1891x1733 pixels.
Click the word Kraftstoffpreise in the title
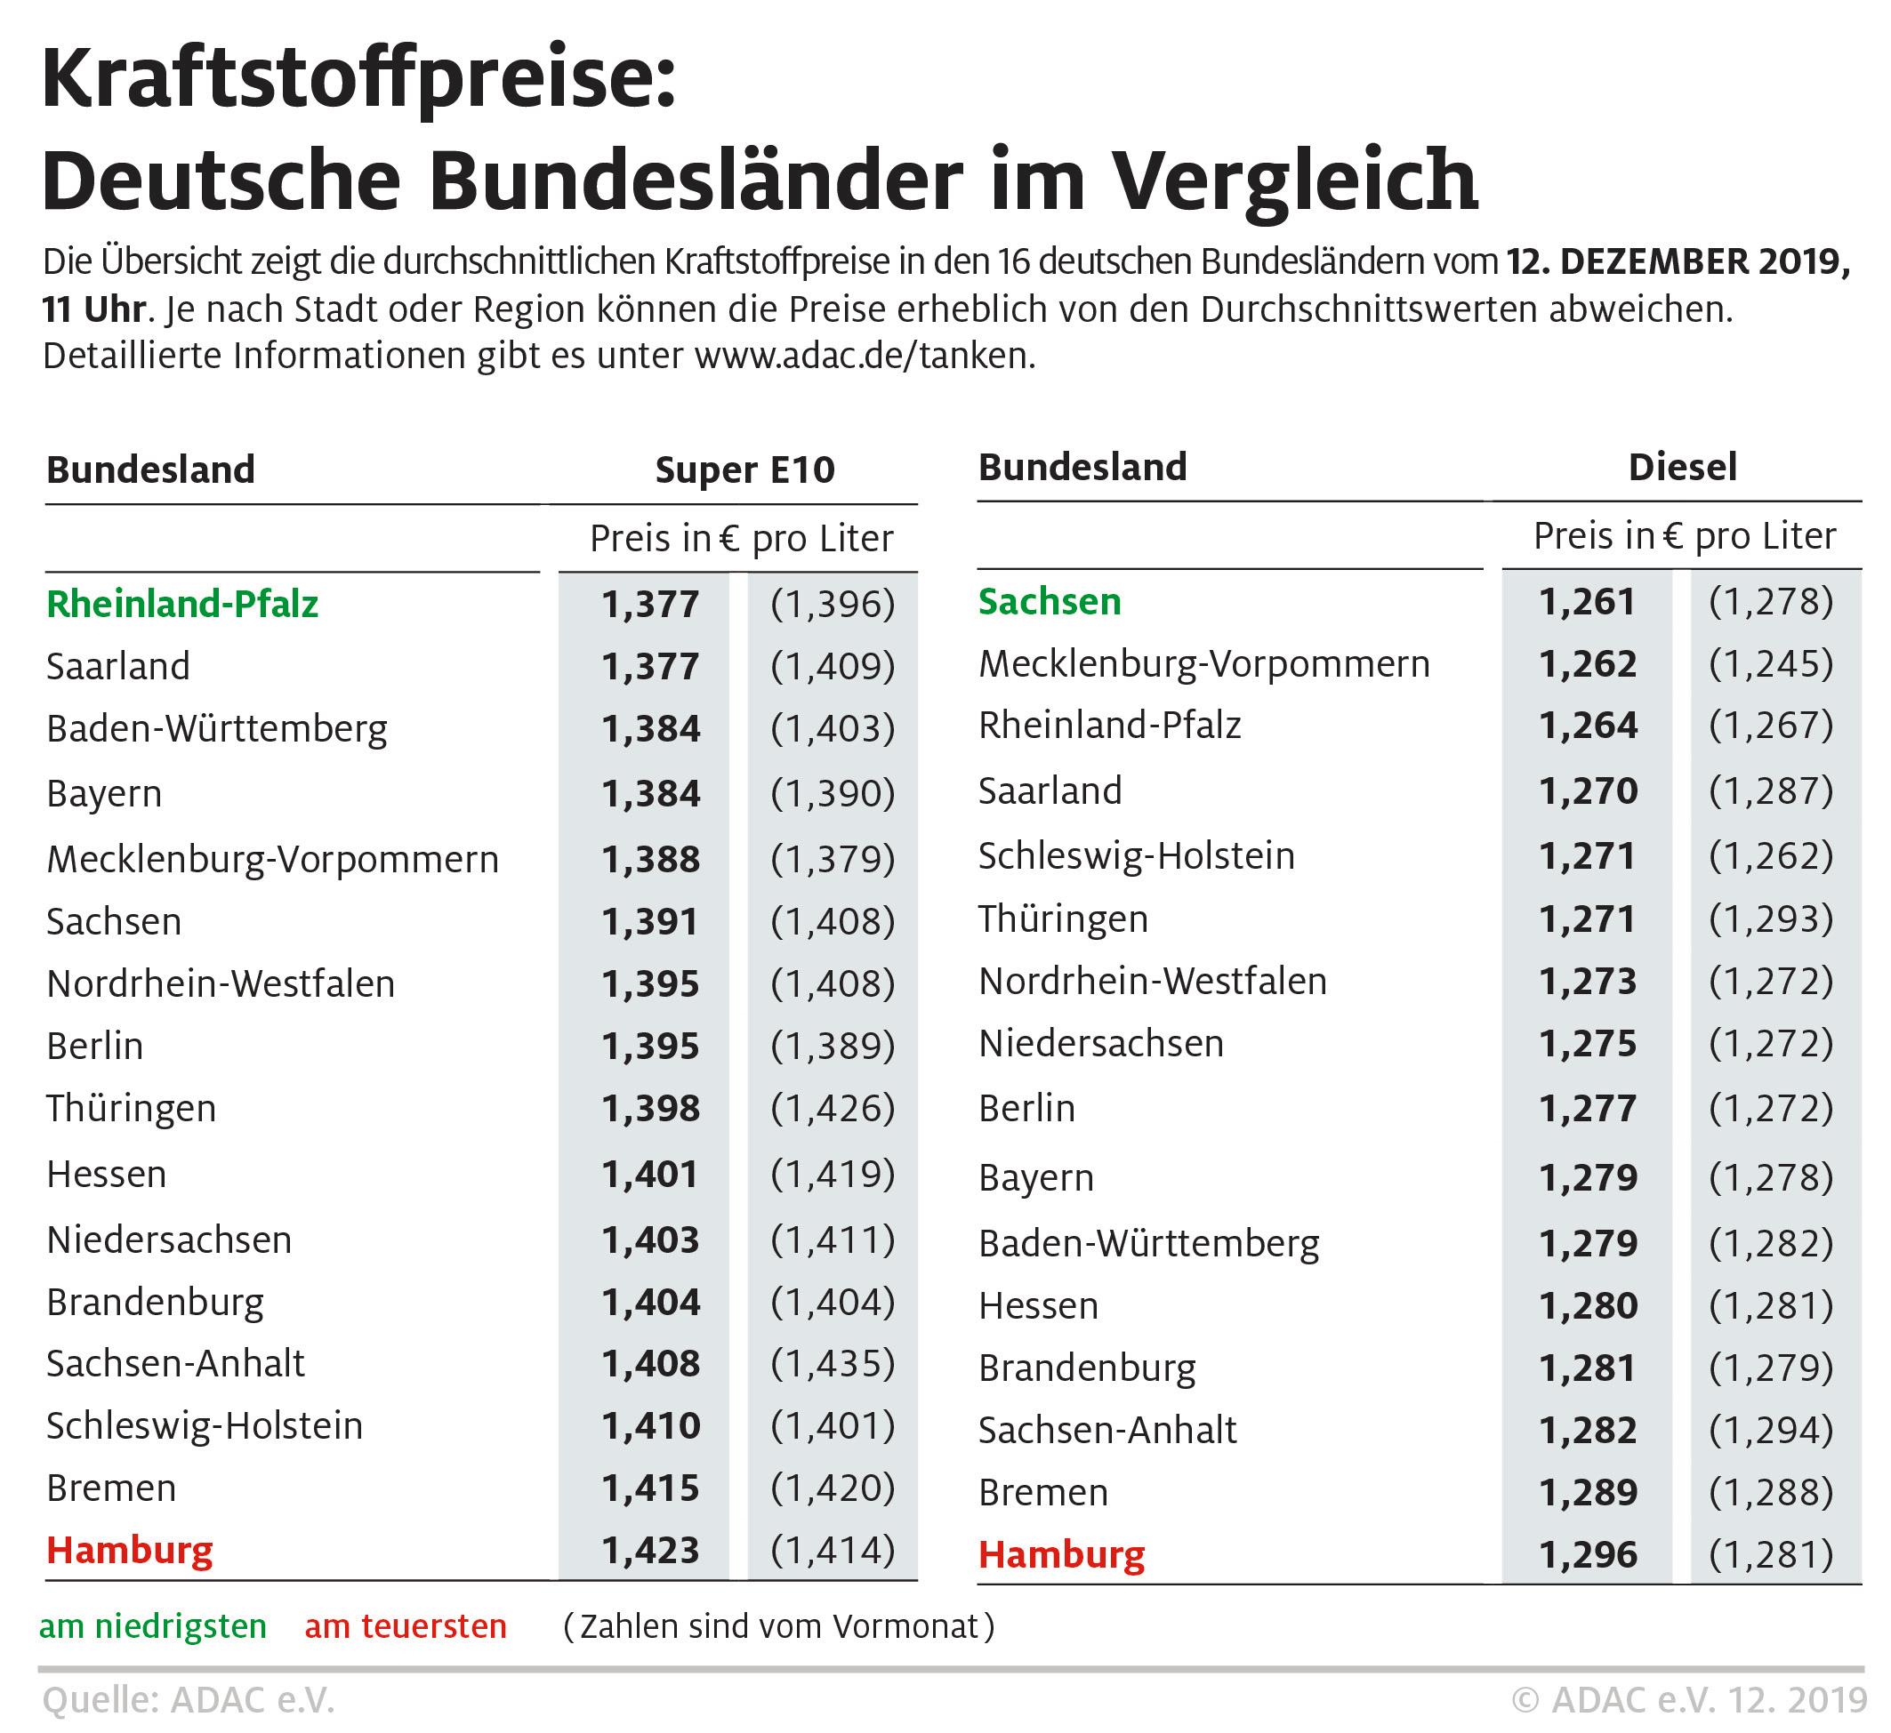point(358,81)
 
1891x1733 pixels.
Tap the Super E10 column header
point(744,469)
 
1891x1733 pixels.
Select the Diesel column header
point(1683,467)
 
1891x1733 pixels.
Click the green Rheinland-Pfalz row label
point(183,604)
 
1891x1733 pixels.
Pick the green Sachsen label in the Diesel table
point(1050,601)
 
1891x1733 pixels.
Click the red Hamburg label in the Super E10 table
point(130,1550)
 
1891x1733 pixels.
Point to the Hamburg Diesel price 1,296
point(1588,1555)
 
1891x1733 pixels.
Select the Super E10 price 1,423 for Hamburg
point(651,1550)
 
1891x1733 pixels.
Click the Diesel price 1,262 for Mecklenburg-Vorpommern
point(1588,664)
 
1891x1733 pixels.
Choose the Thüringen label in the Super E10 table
point(132,1109)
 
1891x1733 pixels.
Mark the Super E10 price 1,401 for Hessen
point(651,1174)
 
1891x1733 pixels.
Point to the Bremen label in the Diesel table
point(1043,1492)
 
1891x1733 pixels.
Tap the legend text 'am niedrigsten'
point(153,1627)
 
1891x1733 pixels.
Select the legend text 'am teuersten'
point(406,1627)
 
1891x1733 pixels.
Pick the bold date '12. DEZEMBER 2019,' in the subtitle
point(1679,261)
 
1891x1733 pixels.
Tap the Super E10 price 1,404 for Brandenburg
point(651,1302)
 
